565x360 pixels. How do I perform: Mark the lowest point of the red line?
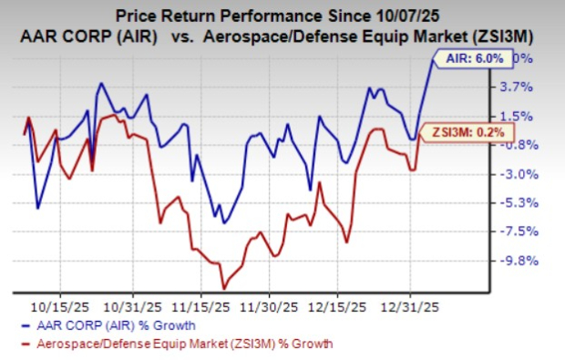tap(223, 288)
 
